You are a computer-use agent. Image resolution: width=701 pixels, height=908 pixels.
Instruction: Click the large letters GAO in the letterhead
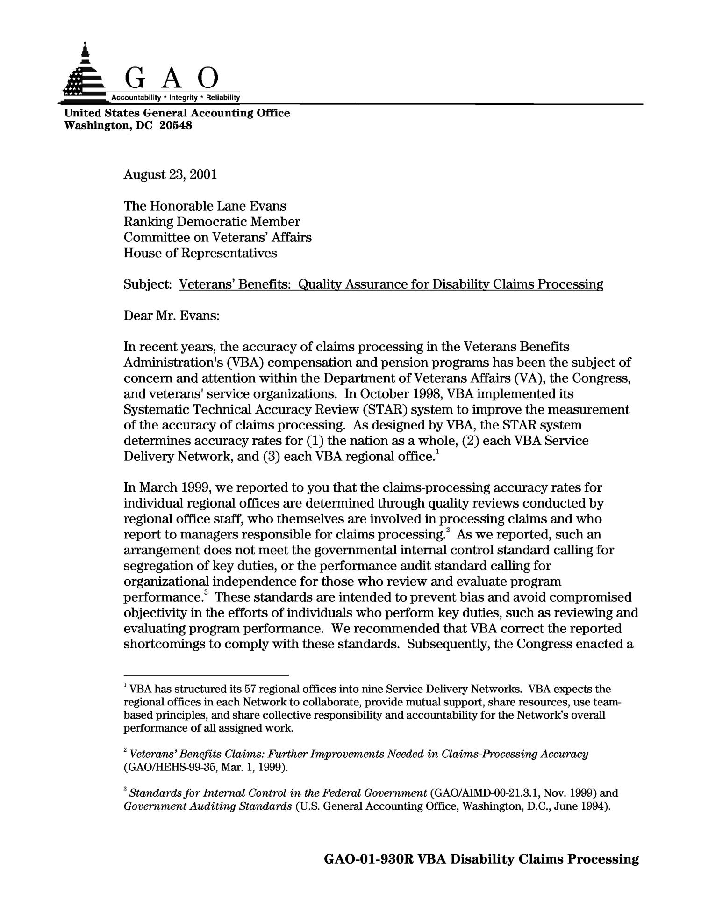point(172,78)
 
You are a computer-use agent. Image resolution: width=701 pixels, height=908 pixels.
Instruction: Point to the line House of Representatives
point(200,253)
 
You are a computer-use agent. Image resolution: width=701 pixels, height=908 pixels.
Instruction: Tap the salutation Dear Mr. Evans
point(172,316)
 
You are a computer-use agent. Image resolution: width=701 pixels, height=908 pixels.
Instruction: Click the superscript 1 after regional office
point(437,452)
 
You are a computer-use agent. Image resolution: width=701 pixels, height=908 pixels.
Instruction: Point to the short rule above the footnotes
point(206,675)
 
